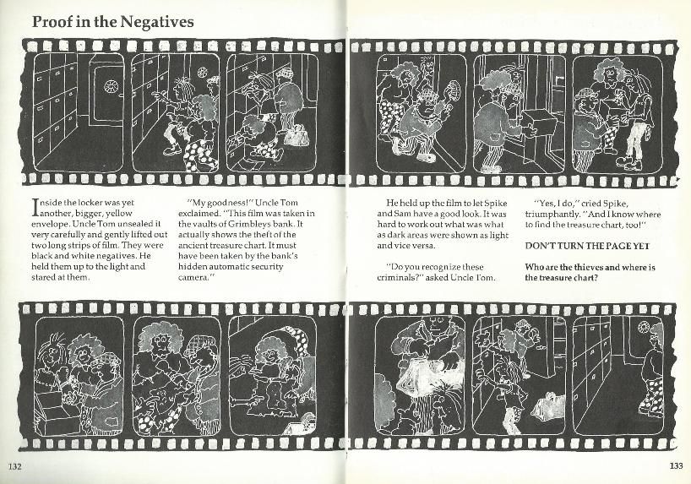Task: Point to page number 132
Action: click(15, 466)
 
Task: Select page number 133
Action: click(676, 465)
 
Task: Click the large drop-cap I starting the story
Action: click(35, 208)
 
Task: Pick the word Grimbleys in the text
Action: click(248, 224)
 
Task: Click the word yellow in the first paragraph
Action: click(119, 214)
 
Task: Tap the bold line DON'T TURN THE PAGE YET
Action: click(587, 246)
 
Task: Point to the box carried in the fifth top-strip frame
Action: click(536, 124)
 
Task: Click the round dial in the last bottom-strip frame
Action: click(644, 328)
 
